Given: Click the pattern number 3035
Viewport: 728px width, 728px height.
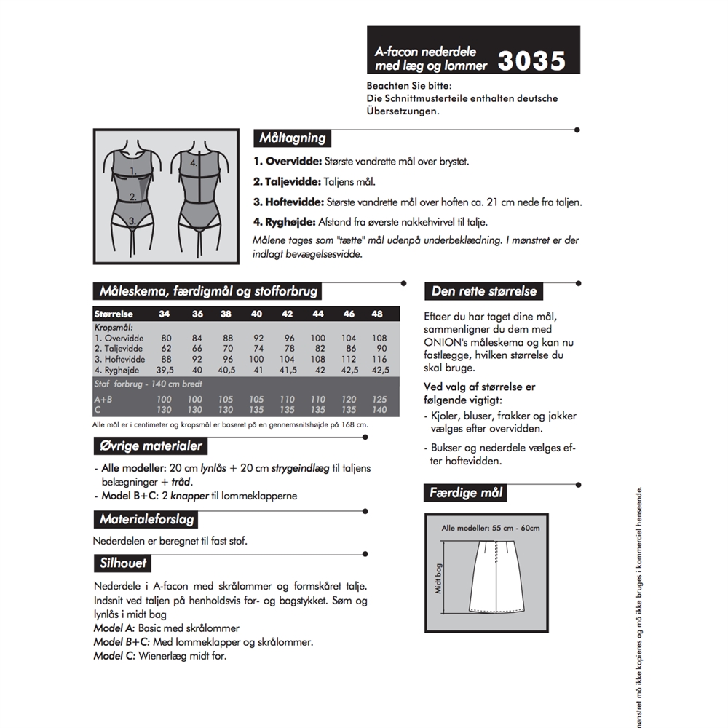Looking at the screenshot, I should pyautogui.click(x=531, y=60).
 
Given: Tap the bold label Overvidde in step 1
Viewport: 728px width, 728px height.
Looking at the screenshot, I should pyautogui.click(x=288, y=162).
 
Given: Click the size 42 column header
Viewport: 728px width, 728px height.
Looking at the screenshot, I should pyautogui.click(x=287, y=314).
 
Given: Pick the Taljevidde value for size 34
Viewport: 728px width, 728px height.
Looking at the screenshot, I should pyautogui.click(x=167, y=349).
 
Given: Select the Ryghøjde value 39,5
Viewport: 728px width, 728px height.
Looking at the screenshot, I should pyautogui.click(x=167, y=369).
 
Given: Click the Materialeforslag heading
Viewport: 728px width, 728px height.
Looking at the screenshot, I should pyautogui.click(x=146, y=519).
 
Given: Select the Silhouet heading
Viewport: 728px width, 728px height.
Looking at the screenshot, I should pyautogui.click(x=123, y=563).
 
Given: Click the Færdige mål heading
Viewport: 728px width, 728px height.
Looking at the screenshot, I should pyautogui.click(x=466, y=494).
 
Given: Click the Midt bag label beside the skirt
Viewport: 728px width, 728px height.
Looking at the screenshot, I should pyautogui.click(x=440, y=579).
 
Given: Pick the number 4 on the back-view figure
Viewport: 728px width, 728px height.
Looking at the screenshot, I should pyautogui.click(x=194, y=164).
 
